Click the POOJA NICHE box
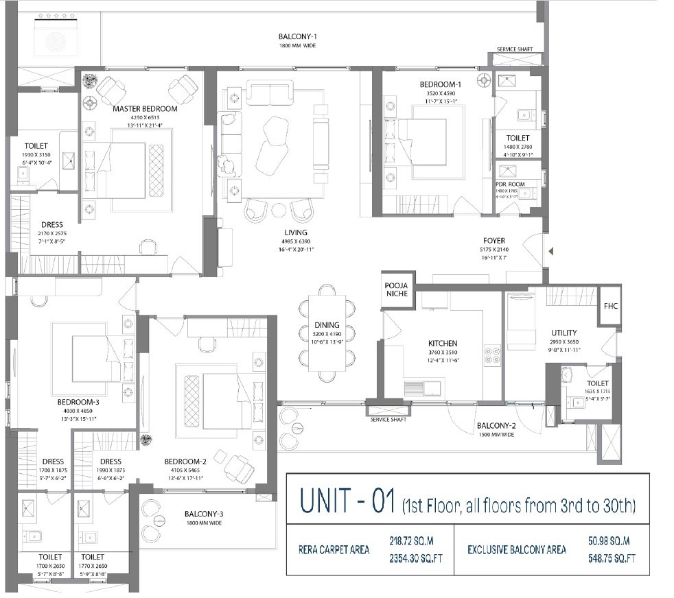(x=395, y=289)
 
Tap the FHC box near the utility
(x=610, y=306)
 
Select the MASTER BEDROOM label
(x=145, y=109)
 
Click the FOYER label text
(x=493, y=241)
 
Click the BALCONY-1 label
(x=297, y=36)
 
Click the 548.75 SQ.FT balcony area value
(x=609, y=559)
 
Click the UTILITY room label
(x=563, y=333)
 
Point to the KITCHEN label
(x=443, y=344)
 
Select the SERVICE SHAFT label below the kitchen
(x=389, y=420)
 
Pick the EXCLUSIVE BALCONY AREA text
(x=517, y=550)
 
